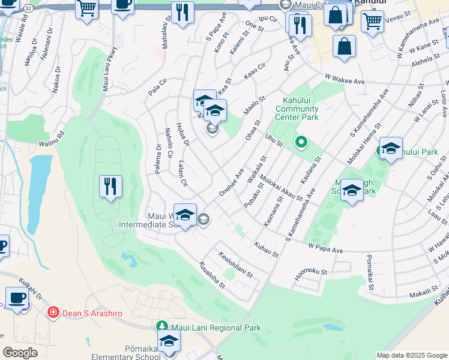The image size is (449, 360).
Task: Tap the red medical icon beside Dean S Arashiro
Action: [53, 312]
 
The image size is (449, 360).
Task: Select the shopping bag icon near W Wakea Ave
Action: [344, 47]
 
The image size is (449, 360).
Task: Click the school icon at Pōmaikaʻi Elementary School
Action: [169, 341]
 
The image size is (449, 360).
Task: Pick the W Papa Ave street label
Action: [325, 247]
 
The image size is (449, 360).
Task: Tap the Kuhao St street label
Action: [267, 250]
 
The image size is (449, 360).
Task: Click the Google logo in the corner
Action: [20, 353]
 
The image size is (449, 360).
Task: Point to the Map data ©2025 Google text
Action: [412, 355]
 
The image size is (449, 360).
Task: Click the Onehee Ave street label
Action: [231, 181]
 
